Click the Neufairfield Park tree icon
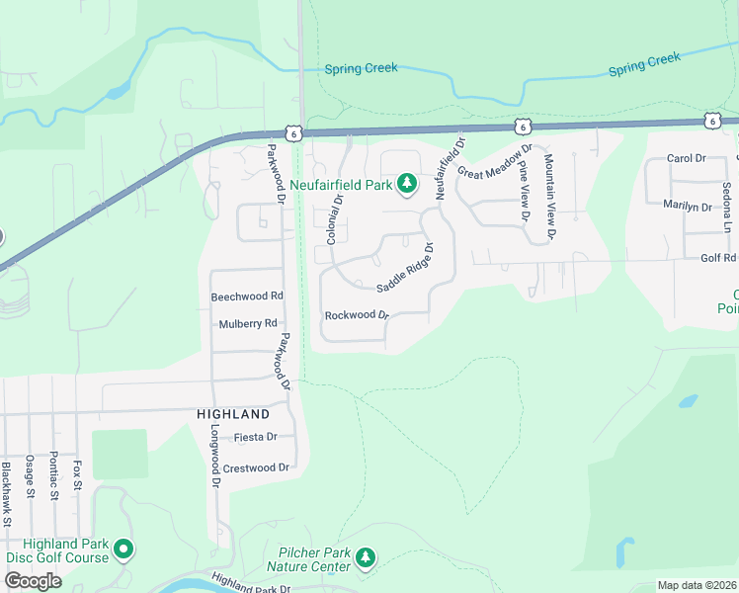(x=406, y=184)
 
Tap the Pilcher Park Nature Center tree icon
(x=366, y=558)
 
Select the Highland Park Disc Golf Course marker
(x=123, y=548)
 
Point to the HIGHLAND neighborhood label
(x=233, y=414)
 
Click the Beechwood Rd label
(x=247, y=296)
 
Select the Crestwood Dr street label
(x=255, y=467)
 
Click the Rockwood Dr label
(x=357, y=315)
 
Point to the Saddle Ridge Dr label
(x=405, y=266)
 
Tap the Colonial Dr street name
(x=334, y=218)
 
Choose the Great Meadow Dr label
(x=494, y=162)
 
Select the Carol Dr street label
(x=686, y=158)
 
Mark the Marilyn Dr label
(x=687, y=208)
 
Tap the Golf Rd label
(x=718, y=259)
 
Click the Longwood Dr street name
(x=213, y=457)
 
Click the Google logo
(x=33, y=581)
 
